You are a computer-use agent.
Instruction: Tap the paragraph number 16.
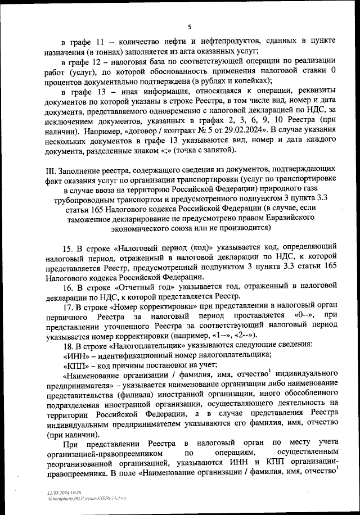coord(65,286)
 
